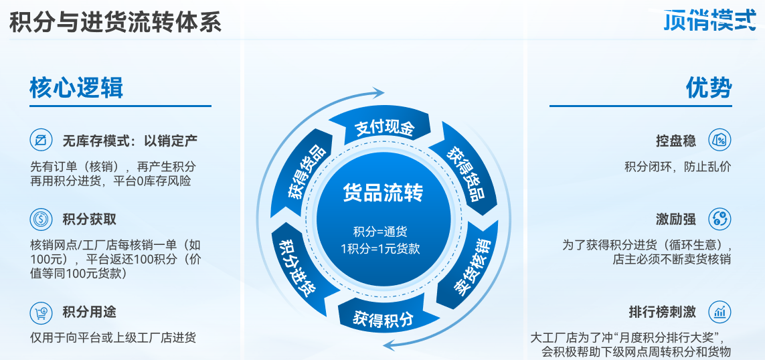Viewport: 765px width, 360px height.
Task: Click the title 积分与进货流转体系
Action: pos(115,23)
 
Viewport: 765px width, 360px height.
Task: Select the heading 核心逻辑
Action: pos(76,88)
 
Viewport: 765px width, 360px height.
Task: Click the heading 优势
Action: pos(709,88)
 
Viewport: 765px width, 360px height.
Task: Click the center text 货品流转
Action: pos(383,193)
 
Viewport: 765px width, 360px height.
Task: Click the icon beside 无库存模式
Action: pos(41,141)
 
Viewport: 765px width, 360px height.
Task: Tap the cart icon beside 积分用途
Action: pos(41,312)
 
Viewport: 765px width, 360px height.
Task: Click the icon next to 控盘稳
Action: pos(719,141)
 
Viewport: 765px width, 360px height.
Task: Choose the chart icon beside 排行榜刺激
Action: pos(719,312)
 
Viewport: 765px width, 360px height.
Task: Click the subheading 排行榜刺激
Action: pos(662,312)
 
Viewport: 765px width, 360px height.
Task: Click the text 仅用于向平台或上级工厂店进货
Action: pos(113,338)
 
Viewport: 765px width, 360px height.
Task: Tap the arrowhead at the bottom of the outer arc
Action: pos(389,345)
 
